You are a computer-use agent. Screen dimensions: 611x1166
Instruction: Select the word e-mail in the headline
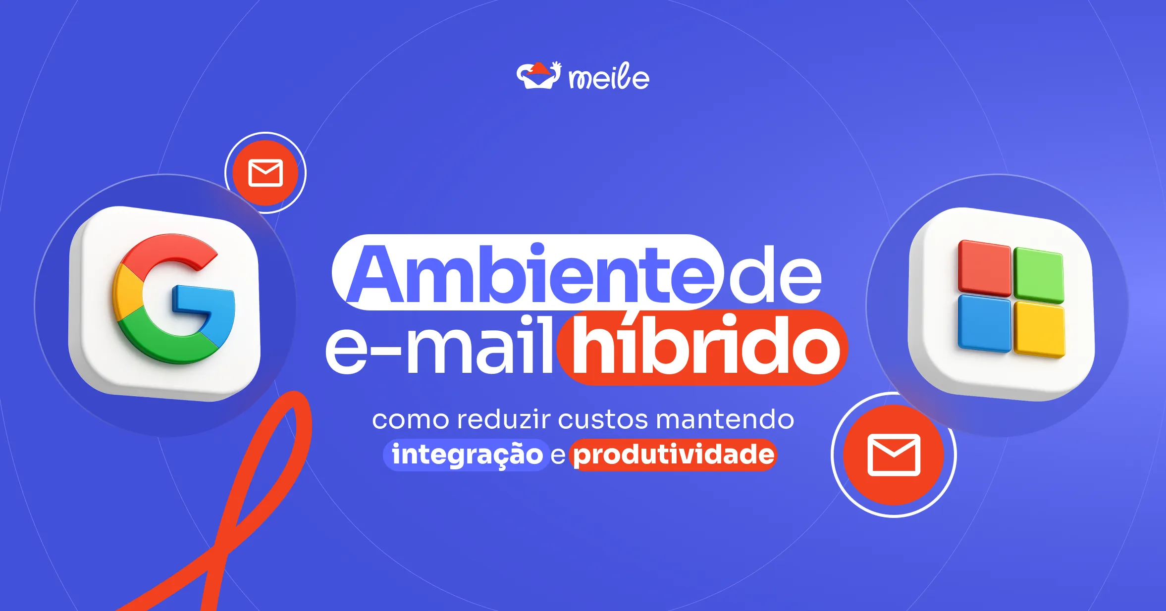pyautogui.click(x=438, y=347)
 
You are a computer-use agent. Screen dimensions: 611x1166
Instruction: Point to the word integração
pyautogui.click(x=467, y=455)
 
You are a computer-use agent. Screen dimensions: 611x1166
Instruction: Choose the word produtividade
pyautogui.click(x=674, y=455)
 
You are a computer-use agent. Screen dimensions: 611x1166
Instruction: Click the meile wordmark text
pyautogui.click(x=609, y=78)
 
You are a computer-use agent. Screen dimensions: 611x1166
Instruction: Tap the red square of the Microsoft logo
pyautogui.click(x=984, y=267)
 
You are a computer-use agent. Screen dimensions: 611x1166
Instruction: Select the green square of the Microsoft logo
pyautogui.click(x=1038, y=275)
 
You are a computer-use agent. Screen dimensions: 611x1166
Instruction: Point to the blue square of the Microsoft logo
pyautogui.click(x=984, y=323)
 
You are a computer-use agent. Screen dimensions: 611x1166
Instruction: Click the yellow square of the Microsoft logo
pyautogui.click(x=1039, y=330)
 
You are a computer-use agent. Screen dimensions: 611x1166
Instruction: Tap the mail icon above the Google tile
pyautogui.click(x=265, y=173)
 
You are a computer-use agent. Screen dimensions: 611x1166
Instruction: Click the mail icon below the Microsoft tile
pyautogui.click(x=894, y=455)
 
